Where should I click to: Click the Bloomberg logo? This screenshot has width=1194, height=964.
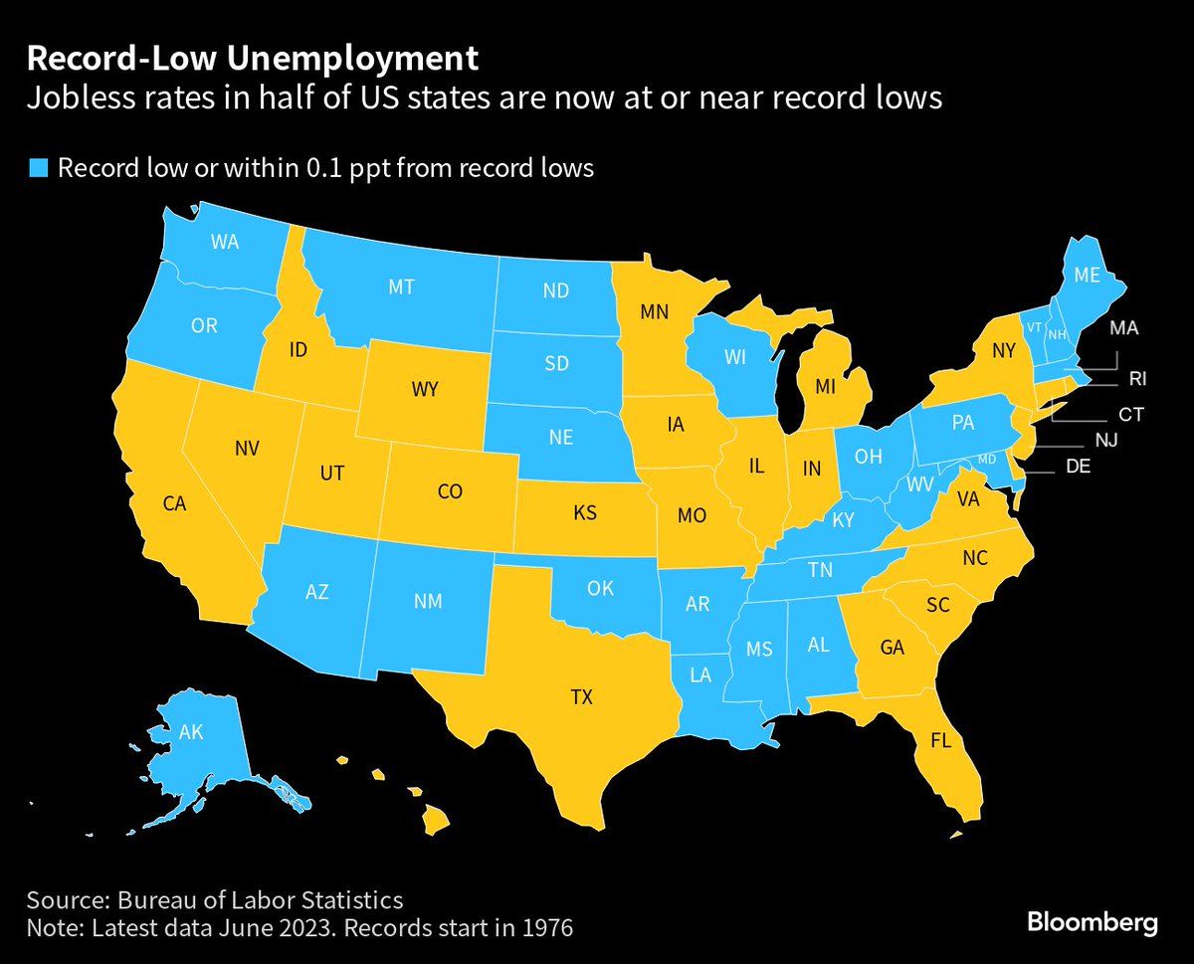(x=1093, y=922)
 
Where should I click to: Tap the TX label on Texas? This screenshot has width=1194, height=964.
(x=582, y=697)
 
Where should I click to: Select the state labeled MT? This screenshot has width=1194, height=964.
(x=401, y=288)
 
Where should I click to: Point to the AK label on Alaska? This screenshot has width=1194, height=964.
(x=192, y=733)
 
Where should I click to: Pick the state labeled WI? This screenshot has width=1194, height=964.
(x=735, y=356)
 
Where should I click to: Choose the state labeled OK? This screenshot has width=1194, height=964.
(x=600, y=589)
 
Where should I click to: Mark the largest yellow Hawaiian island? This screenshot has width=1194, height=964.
(x=435, y=822)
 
